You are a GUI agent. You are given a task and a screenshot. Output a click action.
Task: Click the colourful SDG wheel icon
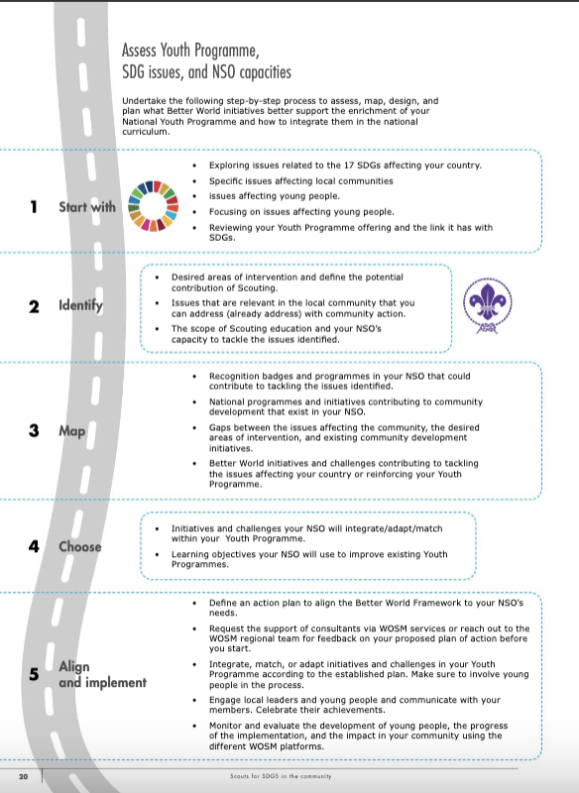(x=158, y=207)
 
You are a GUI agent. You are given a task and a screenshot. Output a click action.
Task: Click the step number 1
(x=34, y=207)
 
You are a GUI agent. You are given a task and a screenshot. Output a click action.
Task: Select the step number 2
(x=34, y=306)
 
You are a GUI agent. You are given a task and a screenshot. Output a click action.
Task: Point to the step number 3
(x=34, y=432)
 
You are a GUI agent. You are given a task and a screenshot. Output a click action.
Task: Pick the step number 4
(x=34, y=546)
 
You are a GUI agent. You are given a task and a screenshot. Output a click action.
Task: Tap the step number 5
(x=34, y=674)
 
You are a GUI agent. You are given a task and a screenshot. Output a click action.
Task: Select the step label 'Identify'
(x=79, y=306)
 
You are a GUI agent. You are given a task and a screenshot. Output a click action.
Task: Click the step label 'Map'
(x=71, y=432)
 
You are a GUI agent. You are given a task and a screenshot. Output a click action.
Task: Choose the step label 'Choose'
(x=80, y=546)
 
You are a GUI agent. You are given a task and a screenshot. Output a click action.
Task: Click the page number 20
(x=21, y=774)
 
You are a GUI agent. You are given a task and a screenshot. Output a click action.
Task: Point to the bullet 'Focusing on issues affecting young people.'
(x=301, y=211)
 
